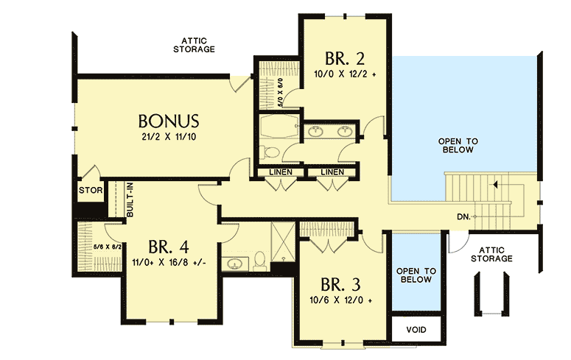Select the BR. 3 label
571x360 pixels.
(x=340, y=285)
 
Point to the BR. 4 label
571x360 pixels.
(x=170, y=246)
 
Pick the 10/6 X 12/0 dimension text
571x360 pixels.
(x=340, y=301)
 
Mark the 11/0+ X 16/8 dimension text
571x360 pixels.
(x=170, y=261)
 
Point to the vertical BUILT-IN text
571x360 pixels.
(x=130, y=198)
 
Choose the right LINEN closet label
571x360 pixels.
(x=332, y=172)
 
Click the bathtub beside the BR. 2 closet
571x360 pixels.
(x=279, y=126)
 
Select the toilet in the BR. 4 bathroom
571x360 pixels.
(x=259, y=259)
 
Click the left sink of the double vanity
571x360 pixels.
(x=317, y=132)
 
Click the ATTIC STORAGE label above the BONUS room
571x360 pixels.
(x=194, y=44)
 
